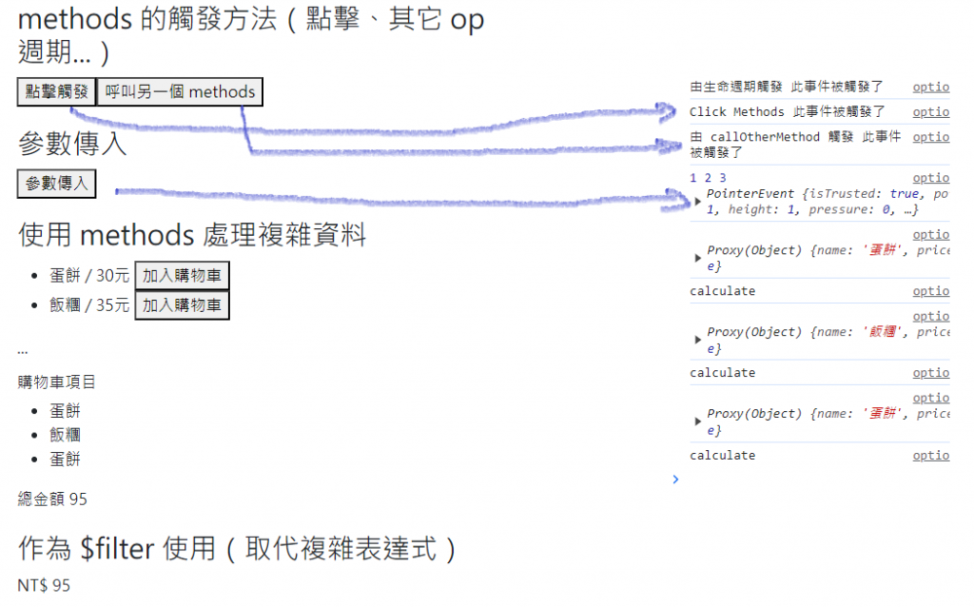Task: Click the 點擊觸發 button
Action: (x=57, y=92)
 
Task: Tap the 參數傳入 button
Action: (x=57, y=185)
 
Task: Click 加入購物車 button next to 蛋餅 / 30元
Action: (x=182, y=277)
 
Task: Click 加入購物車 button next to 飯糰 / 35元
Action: (x=182, y=305)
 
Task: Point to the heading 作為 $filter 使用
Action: (x=236, y=548)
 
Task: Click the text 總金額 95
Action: (x=52, y=499)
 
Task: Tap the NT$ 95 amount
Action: (x=44, y=585)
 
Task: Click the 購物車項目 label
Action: (x=57, y=382)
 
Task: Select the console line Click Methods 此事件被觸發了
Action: (x=787, y=112)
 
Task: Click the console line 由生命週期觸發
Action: (x=787, y=87)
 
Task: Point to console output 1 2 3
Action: (x=708, y=178)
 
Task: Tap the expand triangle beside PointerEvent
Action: (x=699, y=202)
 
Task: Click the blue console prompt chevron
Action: (x=675, y=480)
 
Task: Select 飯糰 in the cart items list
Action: (x=65, y=435)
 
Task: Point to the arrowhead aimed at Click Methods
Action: (x=670, y=111)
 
